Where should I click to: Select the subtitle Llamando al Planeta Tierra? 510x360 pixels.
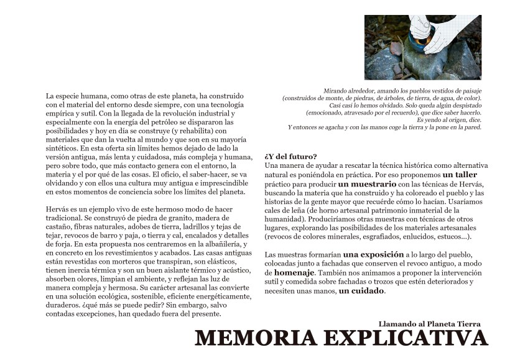[429, 323]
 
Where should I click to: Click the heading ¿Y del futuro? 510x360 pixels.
[290, 156]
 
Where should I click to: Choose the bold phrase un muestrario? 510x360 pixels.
[367, 185]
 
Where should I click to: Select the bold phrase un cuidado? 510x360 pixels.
[361, 290]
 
